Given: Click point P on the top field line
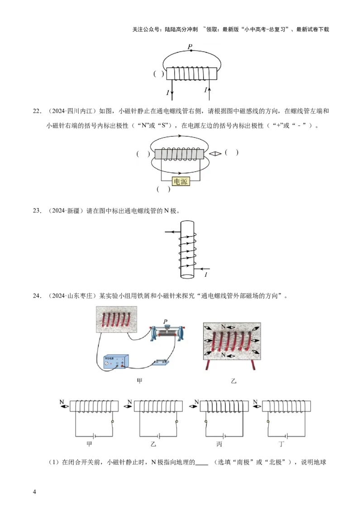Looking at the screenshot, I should [191, 50].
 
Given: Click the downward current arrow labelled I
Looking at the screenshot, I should [172, 92].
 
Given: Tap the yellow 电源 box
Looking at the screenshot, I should [180, 181].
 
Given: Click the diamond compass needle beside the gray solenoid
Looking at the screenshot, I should [215, 153].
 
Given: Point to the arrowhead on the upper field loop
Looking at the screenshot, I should [180, 135].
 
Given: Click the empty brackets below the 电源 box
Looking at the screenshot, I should [163, 189].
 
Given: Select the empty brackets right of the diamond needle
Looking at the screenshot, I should [231, 153].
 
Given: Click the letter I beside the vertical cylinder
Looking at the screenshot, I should [206, 275].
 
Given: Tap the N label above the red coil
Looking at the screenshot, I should [223, 327].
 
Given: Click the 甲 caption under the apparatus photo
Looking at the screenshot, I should [139, 381].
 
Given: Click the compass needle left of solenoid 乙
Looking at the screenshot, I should [131, 406].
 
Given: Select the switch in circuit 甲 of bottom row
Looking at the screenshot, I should [112, 422].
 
